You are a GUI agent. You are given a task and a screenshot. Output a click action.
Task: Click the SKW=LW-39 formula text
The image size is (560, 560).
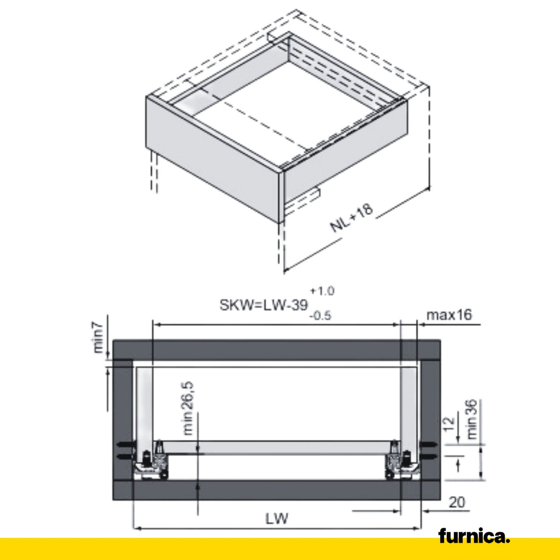(x=264, y=305)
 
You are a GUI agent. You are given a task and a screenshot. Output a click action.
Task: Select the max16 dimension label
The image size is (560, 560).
(x=449, y=315)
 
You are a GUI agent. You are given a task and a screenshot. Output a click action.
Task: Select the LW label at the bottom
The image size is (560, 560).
(x=277, y=518)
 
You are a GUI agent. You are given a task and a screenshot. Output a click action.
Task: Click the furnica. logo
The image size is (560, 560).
(x=474, y=536)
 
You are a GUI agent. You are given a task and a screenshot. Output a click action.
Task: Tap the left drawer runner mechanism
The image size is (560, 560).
(x=152, y=462)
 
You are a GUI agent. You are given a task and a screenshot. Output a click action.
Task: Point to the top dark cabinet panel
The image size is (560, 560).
(x=276, y=349)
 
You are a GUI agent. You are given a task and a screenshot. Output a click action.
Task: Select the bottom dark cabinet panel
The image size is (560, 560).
(x=276, y=490)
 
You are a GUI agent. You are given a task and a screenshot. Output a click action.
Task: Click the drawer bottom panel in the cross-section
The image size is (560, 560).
(x=276, y=447)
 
